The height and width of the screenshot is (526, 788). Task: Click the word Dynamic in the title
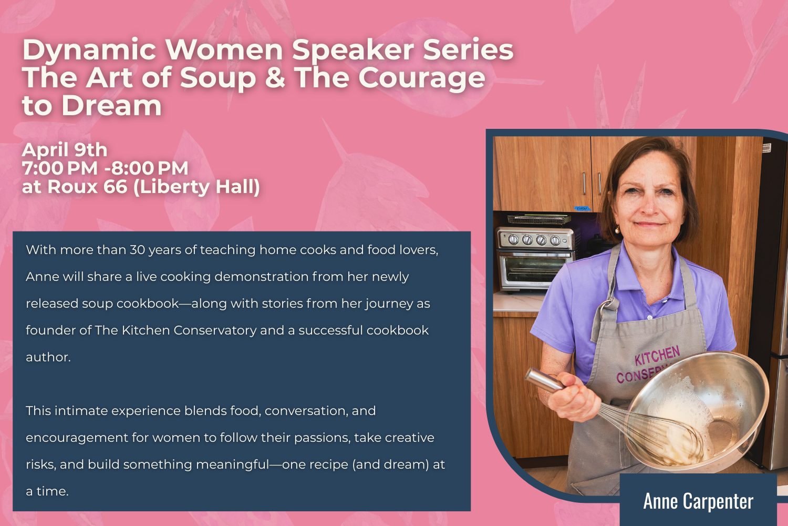click(89, 50)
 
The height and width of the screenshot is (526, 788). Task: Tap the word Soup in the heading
click(218, 78)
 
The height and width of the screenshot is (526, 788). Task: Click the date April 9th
click(65, 150)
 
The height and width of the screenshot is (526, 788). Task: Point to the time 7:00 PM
click(59, 168)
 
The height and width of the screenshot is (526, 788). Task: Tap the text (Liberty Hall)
click(197, 187)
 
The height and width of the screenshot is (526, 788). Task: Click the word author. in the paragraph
click(48, 357)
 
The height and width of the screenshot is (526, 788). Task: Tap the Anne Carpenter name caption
click(698, 501)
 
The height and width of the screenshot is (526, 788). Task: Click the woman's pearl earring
click(618, 229)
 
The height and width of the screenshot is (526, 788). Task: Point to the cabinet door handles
click(592, 183)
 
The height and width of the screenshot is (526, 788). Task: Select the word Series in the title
click(468, 50)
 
